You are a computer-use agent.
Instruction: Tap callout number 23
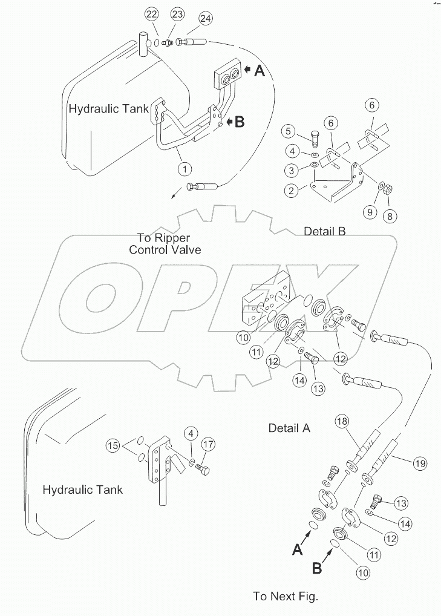(x=177, y=14)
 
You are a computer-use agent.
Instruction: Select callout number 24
(x=206, y=19)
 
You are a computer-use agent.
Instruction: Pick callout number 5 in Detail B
(x=289, y=131)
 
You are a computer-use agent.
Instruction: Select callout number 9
(x=370, y=211)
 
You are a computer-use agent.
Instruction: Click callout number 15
(x=113, y=447)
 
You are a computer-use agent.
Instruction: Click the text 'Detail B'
(x=325, y=231)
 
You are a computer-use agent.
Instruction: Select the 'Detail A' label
(x=289, y=428)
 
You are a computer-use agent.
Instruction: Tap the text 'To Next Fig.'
(x=286, y=597)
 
